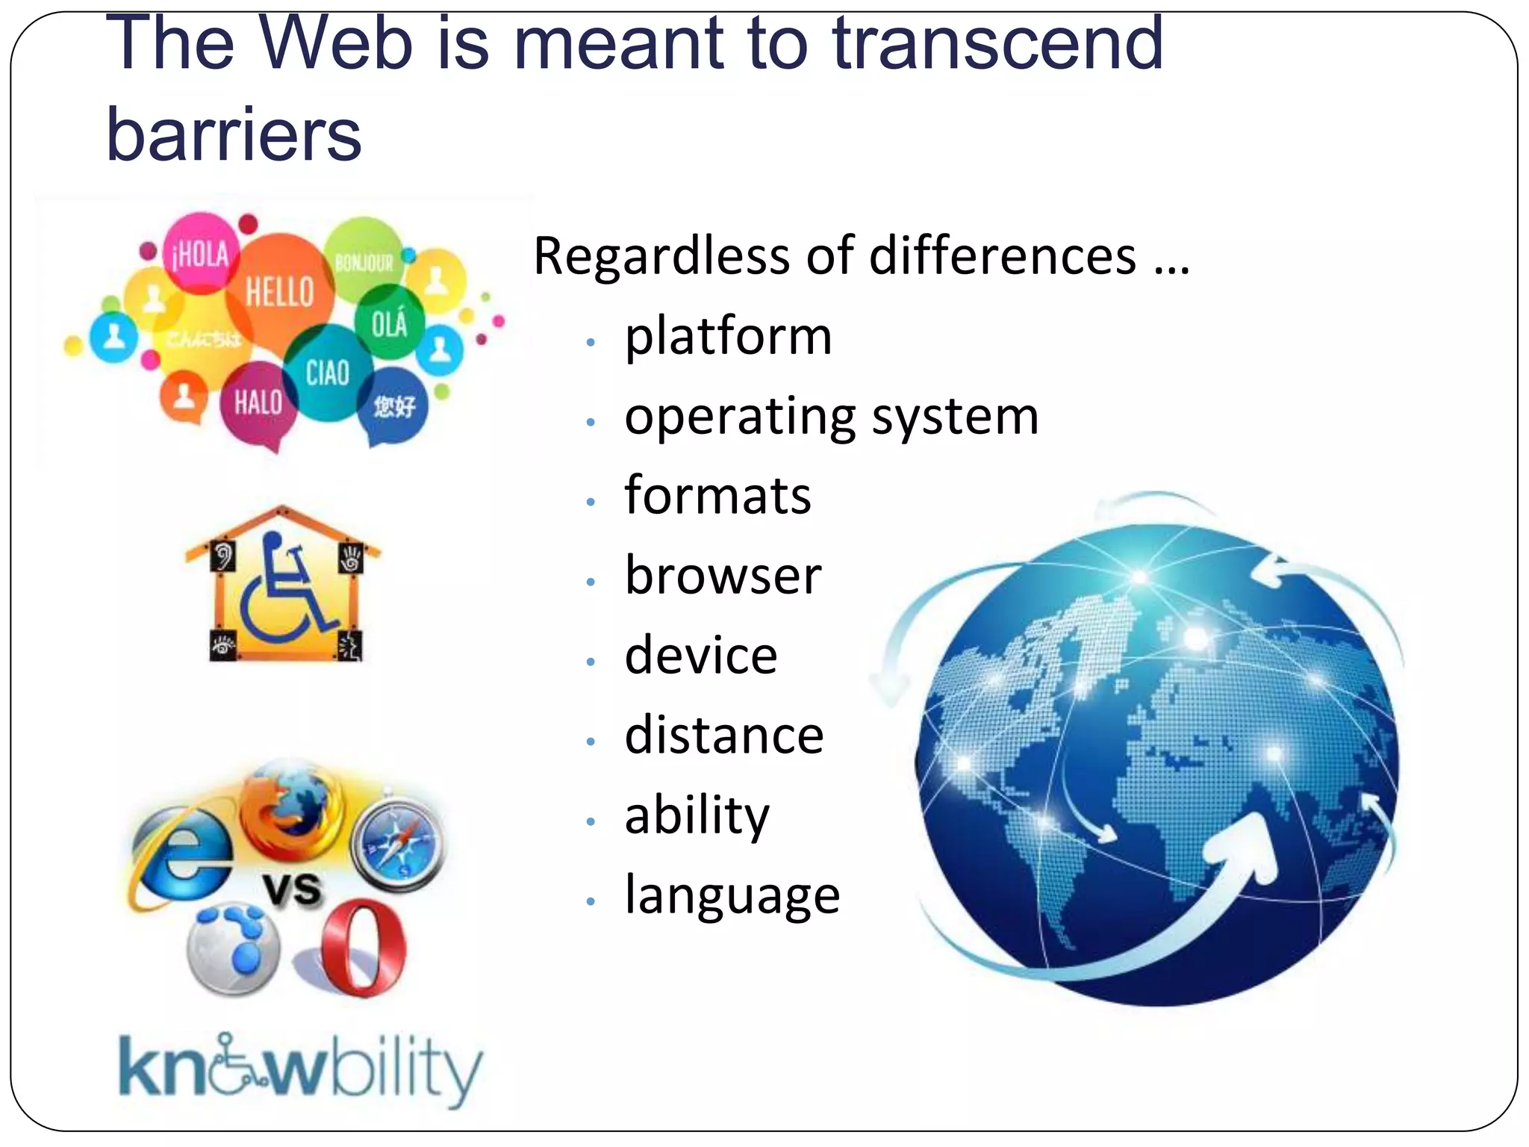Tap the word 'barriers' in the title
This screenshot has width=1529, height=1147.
(234, 134)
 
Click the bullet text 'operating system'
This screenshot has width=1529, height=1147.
(831, 416)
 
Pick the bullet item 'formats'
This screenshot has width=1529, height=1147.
(717, 496)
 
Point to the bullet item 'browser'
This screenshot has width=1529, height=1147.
(723, 576)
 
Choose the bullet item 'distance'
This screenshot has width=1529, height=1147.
(724, 736)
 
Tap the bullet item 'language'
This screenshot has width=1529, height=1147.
(732, 895)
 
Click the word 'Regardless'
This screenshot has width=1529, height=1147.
(661, 256)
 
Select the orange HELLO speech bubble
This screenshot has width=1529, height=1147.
(279, 291)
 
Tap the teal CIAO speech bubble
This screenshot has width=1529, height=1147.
(327, 372)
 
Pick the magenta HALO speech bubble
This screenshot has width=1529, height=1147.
(258, 404)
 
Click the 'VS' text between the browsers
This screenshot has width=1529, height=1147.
(293, 889)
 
